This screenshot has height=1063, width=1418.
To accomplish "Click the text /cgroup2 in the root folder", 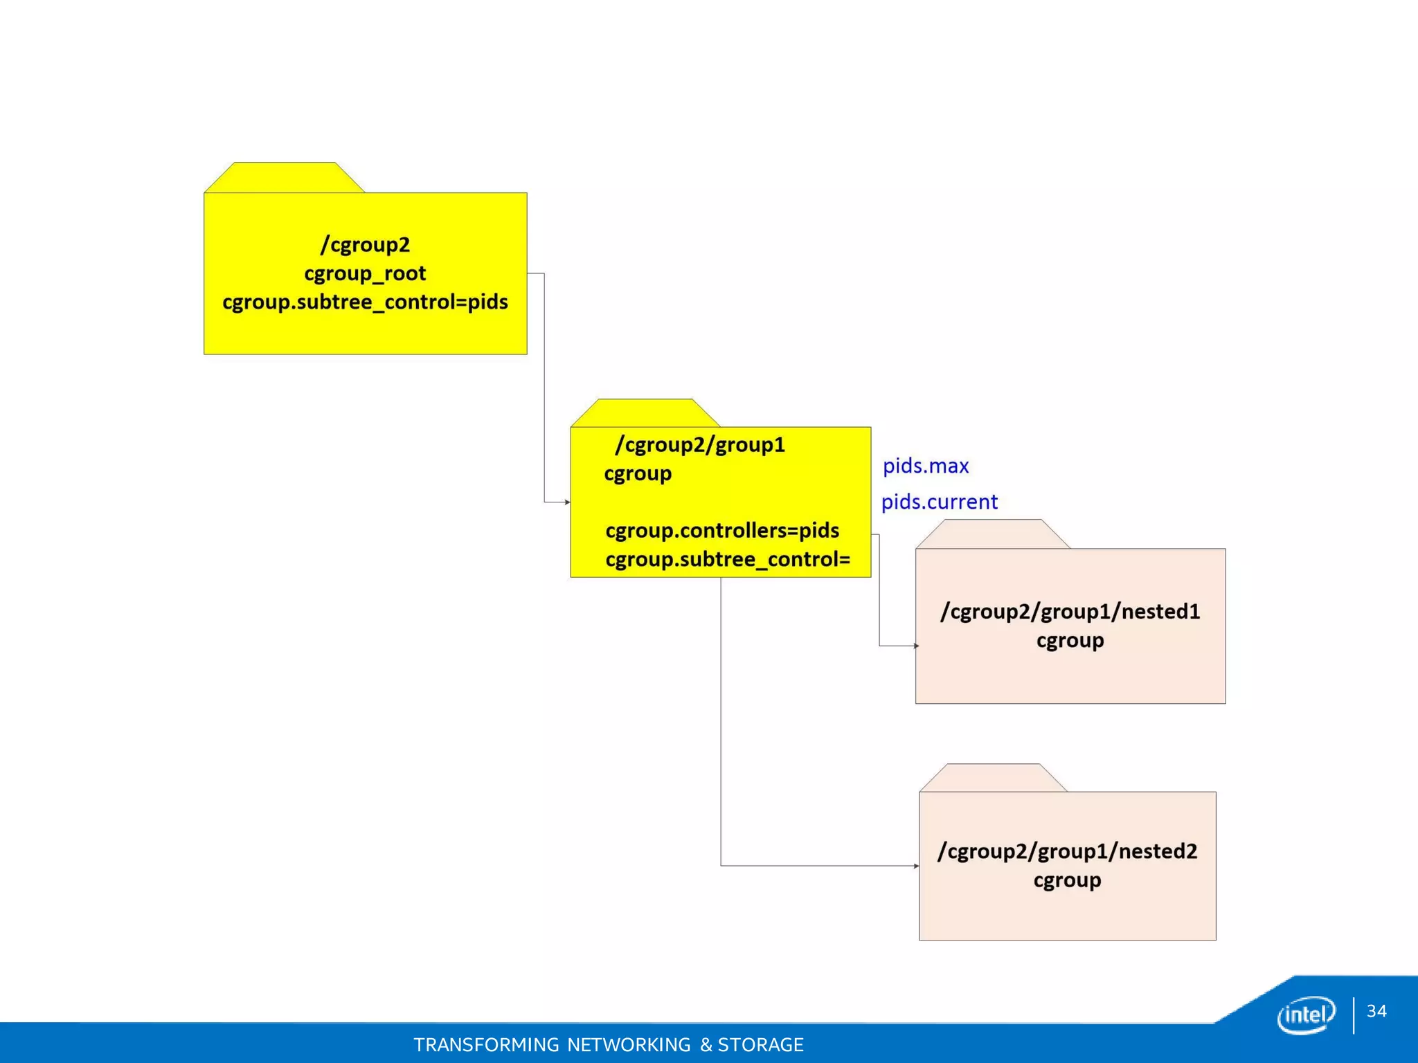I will point(365,245).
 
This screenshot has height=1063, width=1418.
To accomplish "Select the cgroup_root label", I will point(365,274).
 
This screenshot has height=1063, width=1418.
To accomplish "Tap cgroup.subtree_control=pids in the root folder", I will point(365,302).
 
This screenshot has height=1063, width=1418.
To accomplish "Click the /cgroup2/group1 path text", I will point(700,445).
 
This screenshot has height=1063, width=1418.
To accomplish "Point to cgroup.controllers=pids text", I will point(722,531).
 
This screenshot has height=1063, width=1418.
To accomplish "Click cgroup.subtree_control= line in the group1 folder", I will point(728,559).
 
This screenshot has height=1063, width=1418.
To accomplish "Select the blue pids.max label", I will point(926,466).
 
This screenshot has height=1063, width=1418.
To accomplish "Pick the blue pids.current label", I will point(940,502).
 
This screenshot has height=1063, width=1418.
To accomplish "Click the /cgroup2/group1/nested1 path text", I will point(1070,612).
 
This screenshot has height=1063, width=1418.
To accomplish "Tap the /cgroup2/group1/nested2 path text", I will point(1067,851).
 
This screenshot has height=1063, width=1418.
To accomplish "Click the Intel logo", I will point(1306,1015).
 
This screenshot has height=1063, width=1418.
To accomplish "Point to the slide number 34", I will point(1376,1011).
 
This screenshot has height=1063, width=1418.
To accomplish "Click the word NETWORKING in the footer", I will point(629,1044).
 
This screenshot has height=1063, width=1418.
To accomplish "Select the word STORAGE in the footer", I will point(760,1044).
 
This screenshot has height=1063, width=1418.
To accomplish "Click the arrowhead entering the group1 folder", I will point(567,502).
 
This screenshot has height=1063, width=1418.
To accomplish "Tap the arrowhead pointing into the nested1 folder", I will point(916,646).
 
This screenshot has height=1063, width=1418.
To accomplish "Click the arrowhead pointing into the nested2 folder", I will point(916,866).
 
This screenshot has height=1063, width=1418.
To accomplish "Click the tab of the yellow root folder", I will point(285,178).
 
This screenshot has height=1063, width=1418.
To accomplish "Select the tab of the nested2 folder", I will point(993,778).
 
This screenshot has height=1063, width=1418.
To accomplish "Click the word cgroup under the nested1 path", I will point(1070,641).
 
